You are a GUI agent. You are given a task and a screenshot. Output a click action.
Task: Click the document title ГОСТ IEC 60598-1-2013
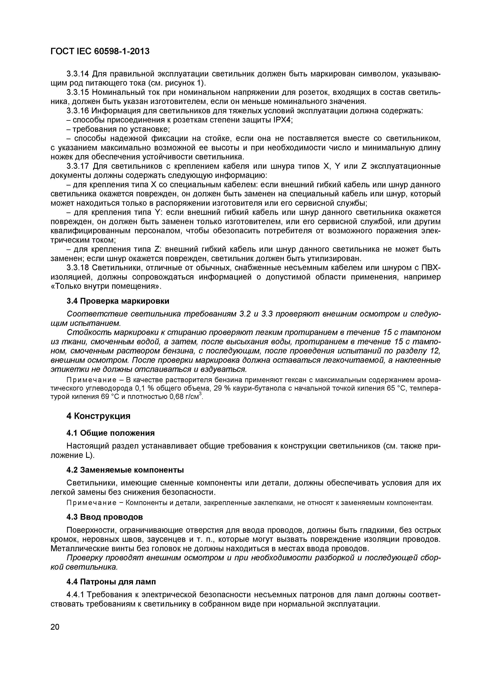coord(100,51)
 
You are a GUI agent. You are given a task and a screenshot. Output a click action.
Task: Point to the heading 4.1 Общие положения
coord(110,433)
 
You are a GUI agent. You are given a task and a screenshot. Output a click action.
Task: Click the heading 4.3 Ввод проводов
coord(105,517)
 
